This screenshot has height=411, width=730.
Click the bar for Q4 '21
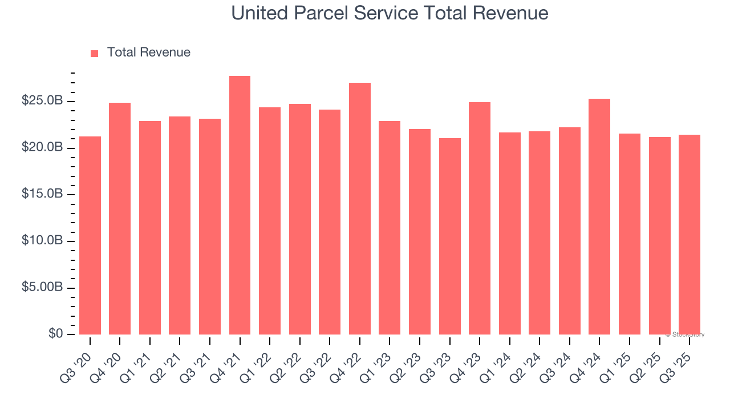[240, 205]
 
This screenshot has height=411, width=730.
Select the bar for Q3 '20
[90, 235]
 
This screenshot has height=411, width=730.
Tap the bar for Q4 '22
[360, 208]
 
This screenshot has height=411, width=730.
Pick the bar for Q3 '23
[450, 236]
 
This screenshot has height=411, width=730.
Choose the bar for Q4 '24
[599, 216]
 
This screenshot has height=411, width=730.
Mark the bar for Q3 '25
[690, 235]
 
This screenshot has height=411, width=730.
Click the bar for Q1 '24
[510, 233]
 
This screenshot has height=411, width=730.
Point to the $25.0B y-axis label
[43, 101]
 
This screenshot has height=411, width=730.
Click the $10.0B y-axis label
[43, 241]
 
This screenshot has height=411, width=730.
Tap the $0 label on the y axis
[55, 334]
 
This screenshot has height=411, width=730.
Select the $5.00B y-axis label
[43, 288]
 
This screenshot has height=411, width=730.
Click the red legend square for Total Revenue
[95, 53]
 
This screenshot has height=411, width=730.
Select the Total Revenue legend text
[149, 53]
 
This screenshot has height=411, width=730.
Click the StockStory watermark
[685, 335]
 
